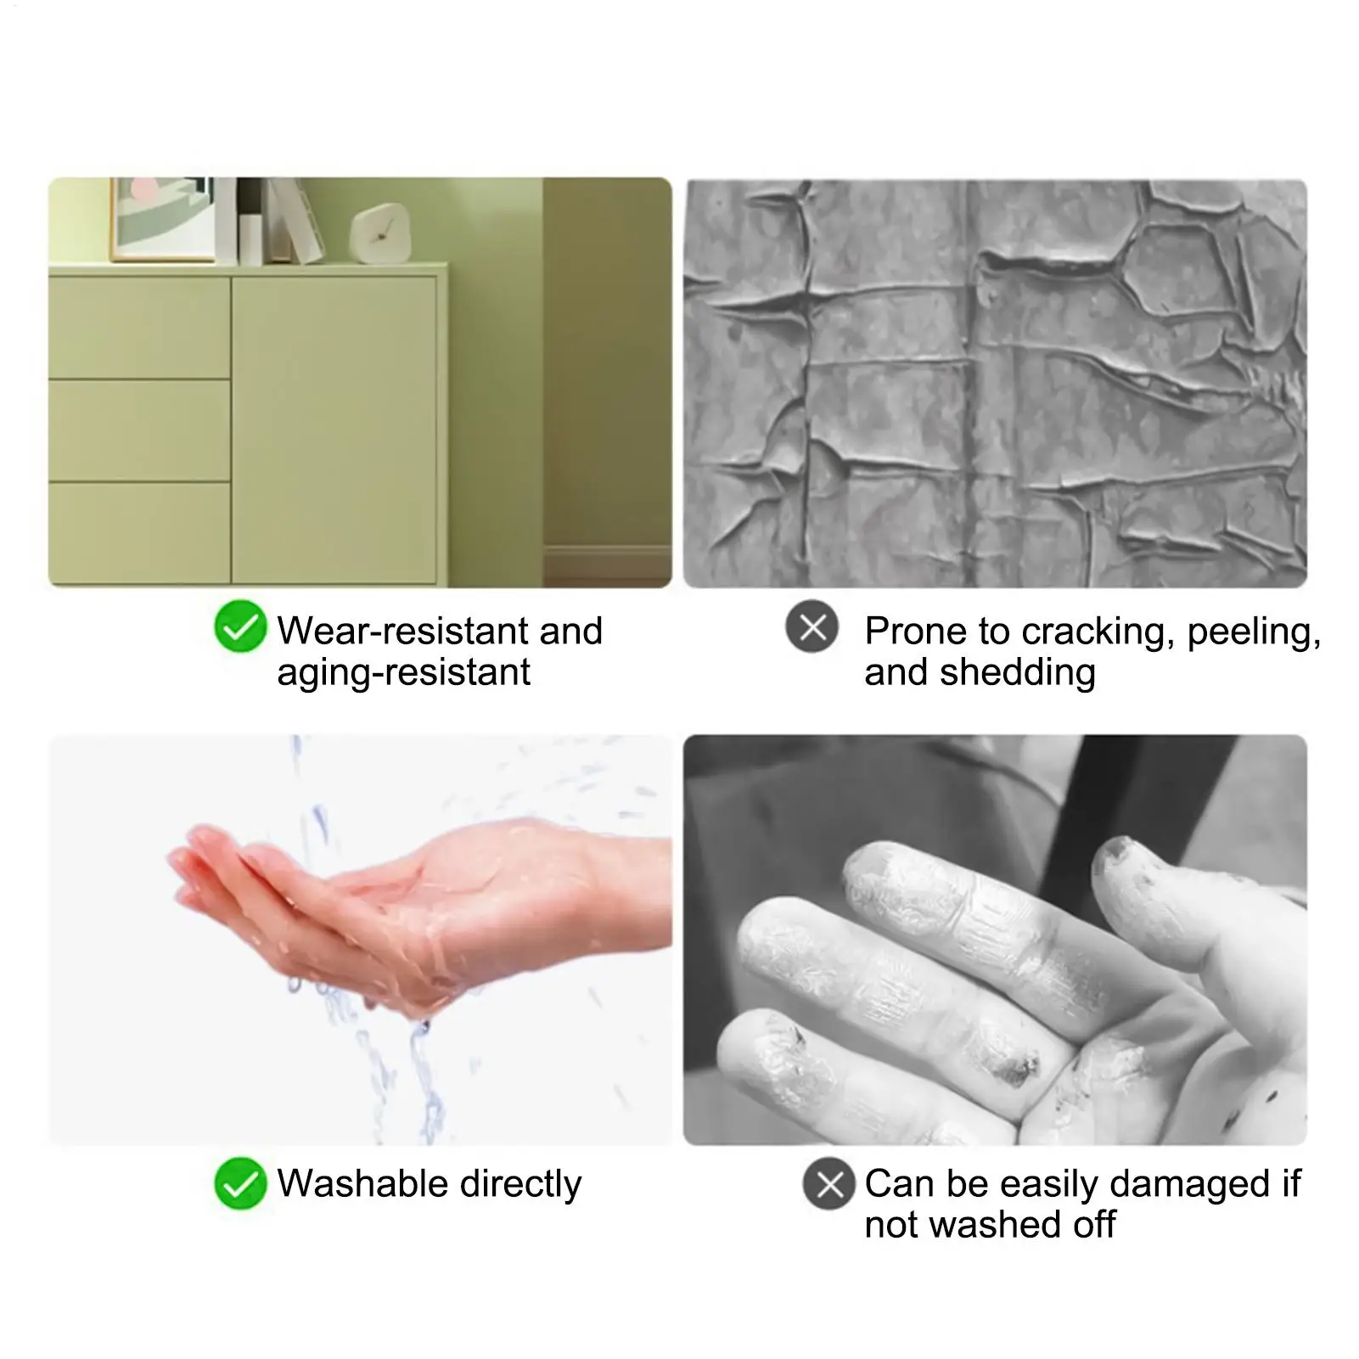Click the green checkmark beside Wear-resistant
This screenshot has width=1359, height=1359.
click(x=240, y=626)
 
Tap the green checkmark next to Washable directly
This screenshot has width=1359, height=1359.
click(x=240, y=1182)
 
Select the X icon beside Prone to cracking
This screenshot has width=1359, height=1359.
click(x=812, y=626)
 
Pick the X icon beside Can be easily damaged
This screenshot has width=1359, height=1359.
click(x=829, y=1182)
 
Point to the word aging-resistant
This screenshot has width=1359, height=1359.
click(x=403, y=673)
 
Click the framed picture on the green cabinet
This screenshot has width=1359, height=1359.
click(x=162, y=219)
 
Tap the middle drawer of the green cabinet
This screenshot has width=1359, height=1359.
click(x=139, y=430)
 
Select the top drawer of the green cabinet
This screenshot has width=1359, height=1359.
click(x=139, y=328)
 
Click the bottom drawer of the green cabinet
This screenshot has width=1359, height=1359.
click(x=139, y=533)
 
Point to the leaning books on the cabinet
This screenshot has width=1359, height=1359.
click(x=291, y=219)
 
